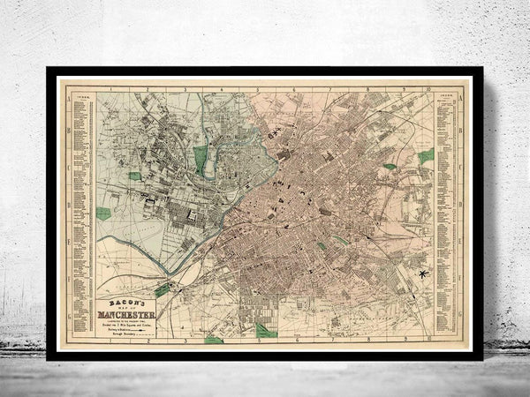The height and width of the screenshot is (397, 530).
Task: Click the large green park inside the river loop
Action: (201, 159)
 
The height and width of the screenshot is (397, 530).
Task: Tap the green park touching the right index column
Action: (427, 156)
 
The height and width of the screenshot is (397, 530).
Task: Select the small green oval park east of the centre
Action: (389, 166)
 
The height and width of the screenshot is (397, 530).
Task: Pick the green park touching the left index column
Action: (103, 213)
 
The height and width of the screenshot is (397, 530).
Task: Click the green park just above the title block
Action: (163, 289)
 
